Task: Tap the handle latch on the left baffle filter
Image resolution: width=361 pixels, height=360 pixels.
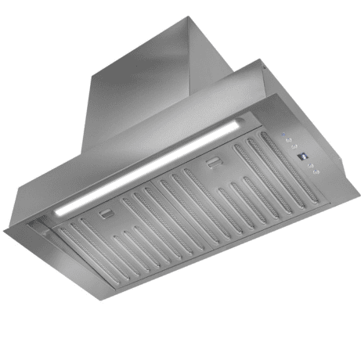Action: tap(106, 213)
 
